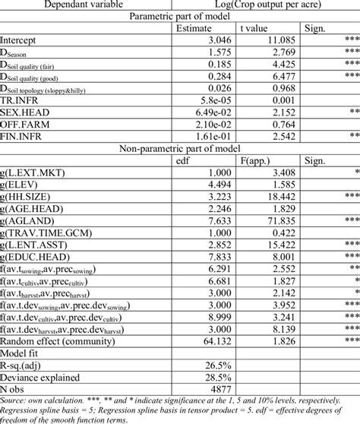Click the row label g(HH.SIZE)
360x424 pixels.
28,197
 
